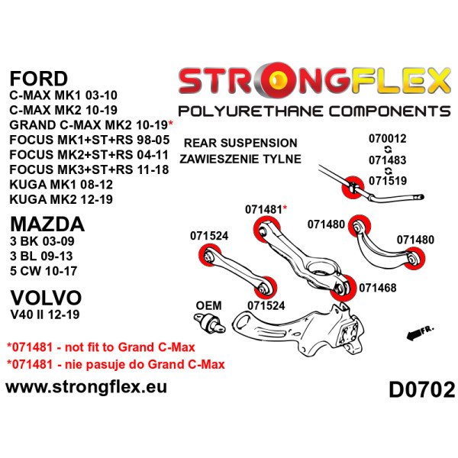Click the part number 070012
387,138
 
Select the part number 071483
387,160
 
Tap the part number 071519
388,180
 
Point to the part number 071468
378,288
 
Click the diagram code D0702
421,389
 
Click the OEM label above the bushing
208,305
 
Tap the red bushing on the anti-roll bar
353,187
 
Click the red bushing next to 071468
343,288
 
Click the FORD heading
39,79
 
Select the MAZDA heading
47,224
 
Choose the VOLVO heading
46,298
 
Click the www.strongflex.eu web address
86,387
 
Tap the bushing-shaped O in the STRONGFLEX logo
279,80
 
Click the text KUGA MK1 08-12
61,185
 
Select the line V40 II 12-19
45,314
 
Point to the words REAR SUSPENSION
240,144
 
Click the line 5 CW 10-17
44,271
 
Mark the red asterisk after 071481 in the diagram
285,208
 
